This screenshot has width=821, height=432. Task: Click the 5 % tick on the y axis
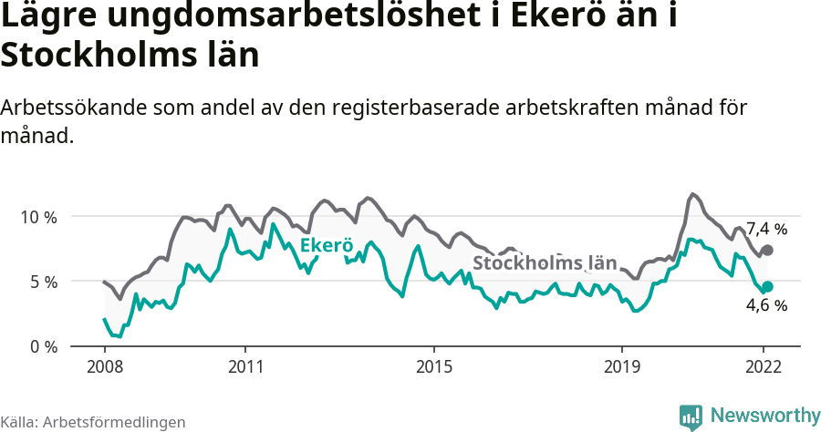(x=41, y=282)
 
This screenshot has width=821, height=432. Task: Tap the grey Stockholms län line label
(x=540, y=263)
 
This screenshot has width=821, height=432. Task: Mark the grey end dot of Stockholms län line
(x=767, y=250)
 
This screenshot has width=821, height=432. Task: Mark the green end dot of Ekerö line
(x=767, y=286)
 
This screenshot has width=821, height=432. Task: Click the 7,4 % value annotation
(x=766, y=229)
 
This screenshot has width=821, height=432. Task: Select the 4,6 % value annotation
(x=766, y=306)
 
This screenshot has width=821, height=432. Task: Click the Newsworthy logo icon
(x=691, y=417)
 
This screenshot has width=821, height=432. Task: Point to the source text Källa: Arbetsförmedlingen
(x=93, y=422)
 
